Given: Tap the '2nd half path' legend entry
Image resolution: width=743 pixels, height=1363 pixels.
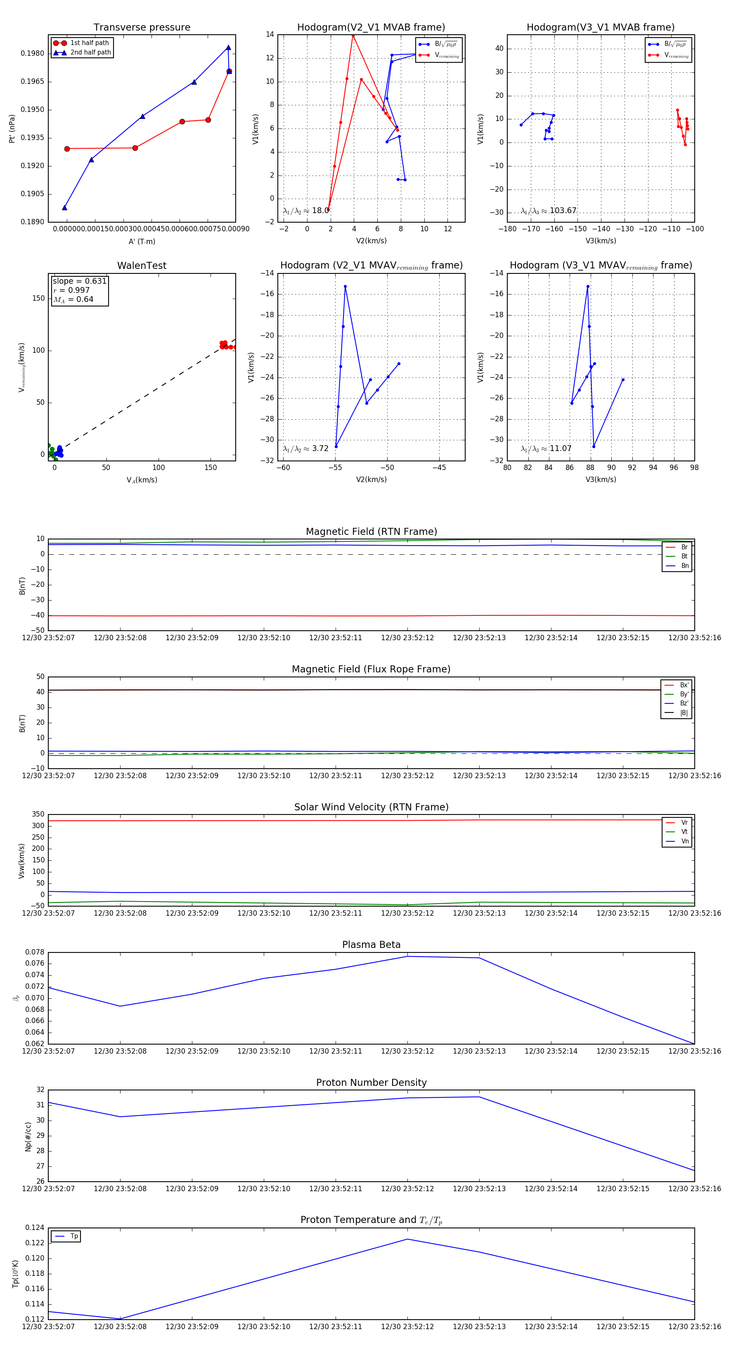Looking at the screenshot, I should (x=90, y=52).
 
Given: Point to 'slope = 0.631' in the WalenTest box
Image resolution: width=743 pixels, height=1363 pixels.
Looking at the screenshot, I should (x=79, y=281).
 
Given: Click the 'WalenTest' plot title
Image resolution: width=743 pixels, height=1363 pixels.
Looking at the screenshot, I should (x=142, y=266).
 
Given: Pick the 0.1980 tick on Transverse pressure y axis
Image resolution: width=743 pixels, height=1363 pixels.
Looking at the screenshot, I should (x=32, y=53).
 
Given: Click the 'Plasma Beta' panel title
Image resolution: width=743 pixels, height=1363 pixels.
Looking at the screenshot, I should (x=371, y=945).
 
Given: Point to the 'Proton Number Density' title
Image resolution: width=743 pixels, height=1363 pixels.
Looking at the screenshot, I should (x=371, y=1083).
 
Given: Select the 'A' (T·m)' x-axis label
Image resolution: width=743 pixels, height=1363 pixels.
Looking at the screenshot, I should (x=142, y=241).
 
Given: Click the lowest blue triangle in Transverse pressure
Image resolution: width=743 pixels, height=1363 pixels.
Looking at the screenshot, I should (x=64, y=207).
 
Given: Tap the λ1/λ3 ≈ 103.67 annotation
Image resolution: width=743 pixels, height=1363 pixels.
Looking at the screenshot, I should (x=549, y=211).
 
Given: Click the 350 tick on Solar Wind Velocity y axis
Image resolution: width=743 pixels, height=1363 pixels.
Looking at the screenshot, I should (x=38, y=814).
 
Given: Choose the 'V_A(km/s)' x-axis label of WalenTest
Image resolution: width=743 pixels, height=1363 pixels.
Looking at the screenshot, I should (x=142, y=480).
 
